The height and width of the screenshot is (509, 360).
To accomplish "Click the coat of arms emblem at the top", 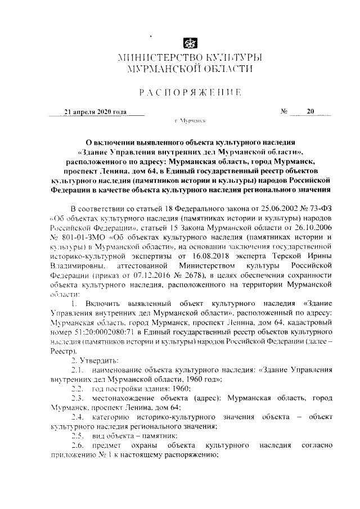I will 190,43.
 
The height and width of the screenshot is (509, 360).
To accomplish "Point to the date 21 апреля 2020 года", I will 96,112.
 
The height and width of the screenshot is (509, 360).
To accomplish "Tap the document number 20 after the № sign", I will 310,111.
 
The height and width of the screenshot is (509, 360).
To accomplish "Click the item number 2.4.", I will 78,417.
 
